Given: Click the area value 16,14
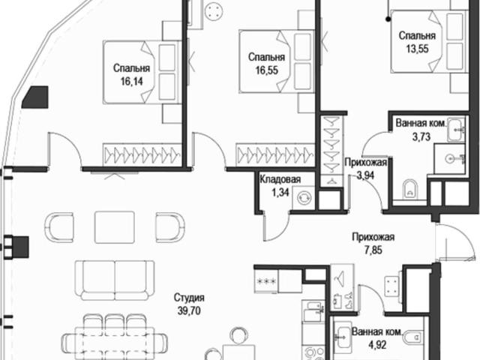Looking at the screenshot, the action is [x=132, y=82].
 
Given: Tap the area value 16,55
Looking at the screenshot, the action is [x=267, y=70].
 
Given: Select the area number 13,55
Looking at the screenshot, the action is [x=417, y=49].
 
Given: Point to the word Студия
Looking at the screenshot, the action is [x=189, y=297].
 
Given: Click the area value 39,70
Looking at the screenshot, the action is [x=189, y=311].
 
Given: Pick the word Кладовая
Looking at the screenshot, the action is [x=280, y=179].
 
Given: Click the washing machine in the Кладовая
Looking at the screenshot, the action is [x=303, y=197].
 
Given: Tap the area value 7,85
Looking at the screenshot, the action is [x=373, y=250].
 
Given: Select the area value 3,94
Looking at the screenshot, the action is [x=365, y=175].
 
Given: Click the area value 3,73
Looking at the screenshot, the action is [x=421, y=136].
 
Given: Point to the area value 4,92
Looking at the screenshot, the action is [x=377, y=345].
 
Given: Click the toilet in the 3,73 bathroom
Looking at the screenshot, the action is [x=409, y=188].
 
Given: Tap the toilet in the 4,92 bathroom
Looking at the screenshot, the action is [x=413, y=338].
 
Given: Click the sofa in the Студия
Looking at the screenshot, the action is [x=115, y=280].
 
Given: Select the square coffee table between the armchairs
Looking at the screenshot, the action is [x=115, y=227].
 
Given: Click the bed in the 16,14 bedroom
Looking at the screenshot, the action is [x=142, y=73].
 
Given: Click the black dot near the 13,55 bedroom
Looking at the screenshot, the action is [x=388, y=19].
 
